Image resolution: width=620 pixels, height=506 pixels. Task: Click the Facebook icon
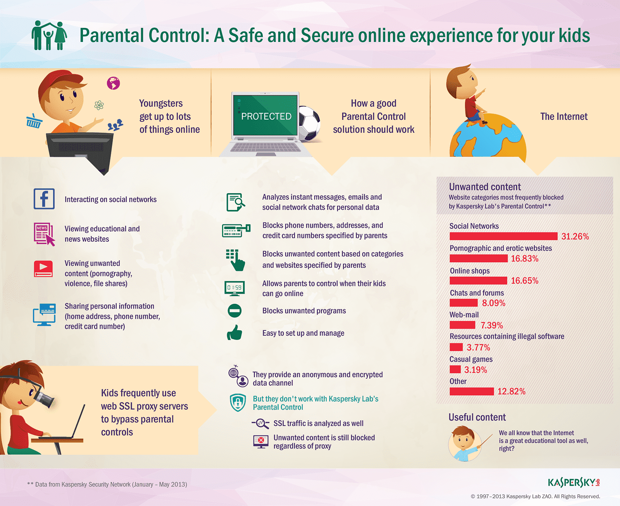point(44,199)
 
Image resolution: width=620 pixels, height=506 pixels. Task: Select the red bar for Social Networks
point(503,236)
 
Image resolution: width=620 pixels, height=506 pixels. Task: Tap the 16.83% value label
point(525,258)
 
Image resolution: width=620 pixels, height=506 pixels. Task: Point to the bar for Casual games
point(455,369)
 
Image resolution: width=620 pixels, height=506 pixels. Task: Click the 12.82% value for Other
point(511,392)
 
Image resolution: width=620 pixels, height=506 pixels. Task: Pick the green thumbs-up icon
point(234,333)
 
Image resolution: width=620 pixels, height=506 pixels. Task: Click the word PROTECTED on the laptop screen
point(266,116)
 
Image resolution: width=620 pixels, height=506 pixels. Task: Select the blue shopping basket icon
point(34,121)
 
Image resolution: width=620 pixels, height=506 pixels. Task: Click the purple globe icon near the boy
point(113,83)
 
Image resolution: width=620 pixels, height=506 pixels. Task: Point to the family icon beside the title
point(49,35)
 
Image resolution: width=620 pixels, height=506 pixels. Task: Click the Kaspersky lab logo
point(574,483)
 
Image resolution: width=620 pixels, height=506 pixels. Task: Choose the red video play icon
point(43,269)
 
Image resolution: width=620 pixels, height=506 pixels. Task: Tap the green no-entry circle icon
point(234,310)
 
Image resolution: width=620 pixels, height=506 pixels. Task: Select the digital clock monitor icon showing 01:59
point(234,288)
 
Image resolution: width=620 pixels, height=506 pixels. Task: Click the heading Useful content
point(477,417)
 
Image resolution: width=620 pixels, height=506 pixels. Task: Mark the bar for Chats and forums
point(463,303)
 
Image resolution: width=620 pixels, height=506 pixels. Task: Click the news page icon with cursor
point(44,234)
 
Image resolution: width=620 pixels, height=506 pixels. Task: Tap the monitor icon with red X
point(261,441)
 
